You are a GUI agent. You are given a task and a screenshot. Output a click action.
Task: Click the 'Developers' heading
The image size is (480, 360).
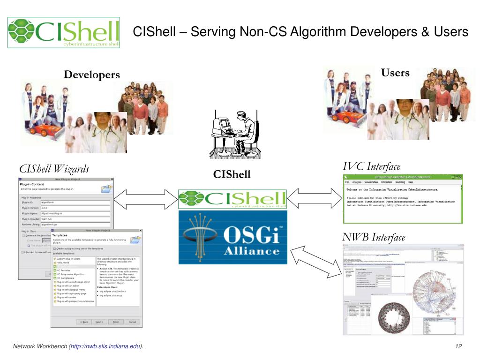(x=92, y=75)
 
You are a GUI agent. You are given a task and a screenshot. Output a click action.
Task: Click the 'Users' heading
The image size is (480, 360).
(x=395, y=73)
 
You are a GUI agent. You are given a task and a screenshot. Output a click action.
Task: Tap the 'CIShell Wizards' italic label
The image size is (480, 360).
(x=54, y=169)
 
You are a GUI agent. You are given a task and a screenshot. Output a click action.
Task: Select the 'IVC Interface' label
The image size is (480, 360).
(x=372, y=166)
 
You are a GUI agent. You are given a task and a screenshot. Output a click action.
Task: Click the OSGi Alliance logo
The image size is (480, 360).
(x=233, y=237)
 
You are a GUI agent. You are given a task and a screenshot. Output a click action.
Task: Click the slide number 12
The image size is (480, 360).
(x=458, y=346)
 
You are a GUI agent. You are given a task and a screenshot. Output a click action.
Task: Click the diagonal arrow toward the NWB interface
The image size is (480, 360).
(x=316, y=263)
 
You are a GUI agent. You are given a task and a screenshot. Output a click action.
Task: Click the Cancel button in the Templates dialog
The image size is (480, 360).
(x=132, y=322)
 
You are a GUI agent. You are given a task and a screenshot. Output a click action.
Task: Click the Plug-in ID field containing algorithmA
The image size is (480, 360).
(x=75, y=202)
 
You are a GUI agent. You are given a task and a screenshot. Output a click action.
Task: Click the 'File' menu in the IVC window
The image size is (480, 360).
(x=348, y=181)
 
